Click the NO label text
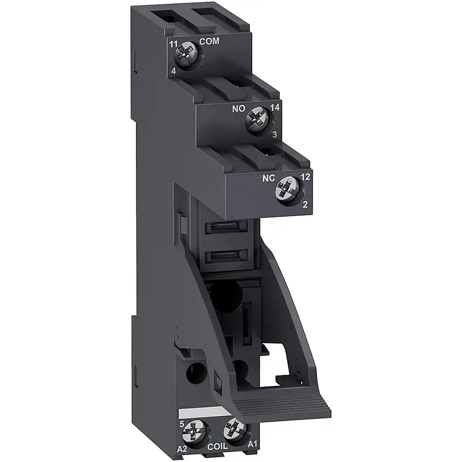tap(240, 108)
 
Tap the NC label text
tap(269, 178)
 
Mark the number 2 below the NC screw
tap(304, 205)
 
